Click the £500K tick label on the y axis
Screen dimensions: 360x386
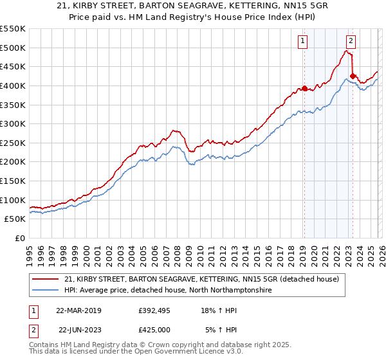[x=13, y=48]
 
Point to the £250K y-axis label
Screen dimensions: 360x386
[x=13, y=143]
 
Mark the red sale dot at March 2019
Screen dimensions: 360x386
[x=304, y=89]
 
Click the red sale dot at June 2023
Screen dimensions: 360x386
[x=353, y=76]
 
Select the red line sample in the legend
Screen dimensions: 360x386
[x=46, y=279]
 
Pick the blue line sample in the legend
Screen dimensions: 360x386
[x=46, y=291]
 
